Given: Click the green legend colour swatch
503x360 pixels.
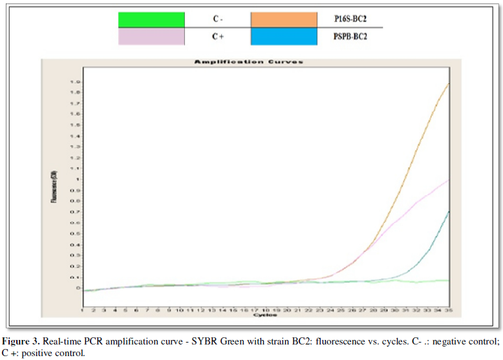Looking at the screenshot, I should point(151,19).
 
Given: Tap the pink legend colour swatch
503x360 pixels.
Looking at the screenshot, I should point(151,37).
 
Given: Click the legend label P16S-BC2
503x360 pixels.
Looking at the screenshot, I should point(350,19).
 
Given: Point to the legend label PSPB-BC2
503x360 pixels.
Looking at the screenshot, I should point(350,37).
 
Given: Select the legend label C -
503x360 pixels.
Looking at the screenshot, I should point(219,19).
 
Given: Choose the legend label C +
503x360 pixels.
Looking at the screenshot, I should point(219,37).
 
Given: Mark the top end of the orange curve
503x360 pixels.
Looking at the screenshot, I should point(449,83).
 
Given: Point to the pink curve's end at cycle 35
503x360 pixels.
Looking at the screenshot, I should point(449,180).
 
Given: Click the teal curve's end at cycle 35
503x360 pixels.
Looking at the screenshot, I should point(449,211).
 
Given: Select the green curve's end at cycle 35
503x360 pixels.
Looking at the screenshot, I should point(449,281).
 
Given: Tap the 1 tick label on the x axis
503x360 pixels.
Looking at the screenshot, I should point(83,310).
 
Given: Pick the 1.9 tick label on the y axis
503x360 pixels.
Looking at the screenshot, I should point(76,82).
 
